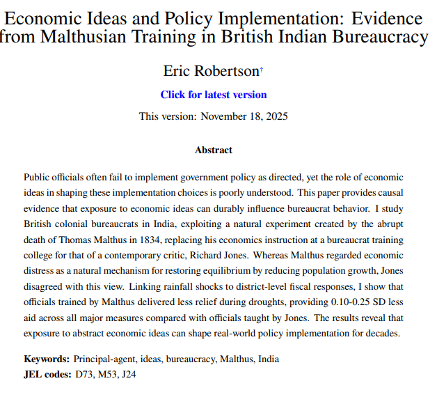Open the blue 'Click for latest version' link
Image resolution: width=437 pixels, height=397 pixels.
coord(214,95)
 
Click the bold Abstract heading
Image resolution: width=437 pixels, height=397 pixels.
coord(214,150)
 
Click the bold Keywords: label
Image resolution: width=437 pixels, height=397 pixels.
coord(47,359)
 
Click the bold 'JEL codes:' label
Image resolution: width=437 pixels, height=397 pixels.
coord(47,375)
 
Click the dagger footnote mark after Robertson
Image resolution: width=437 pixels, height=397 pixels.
coord(261,68)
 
